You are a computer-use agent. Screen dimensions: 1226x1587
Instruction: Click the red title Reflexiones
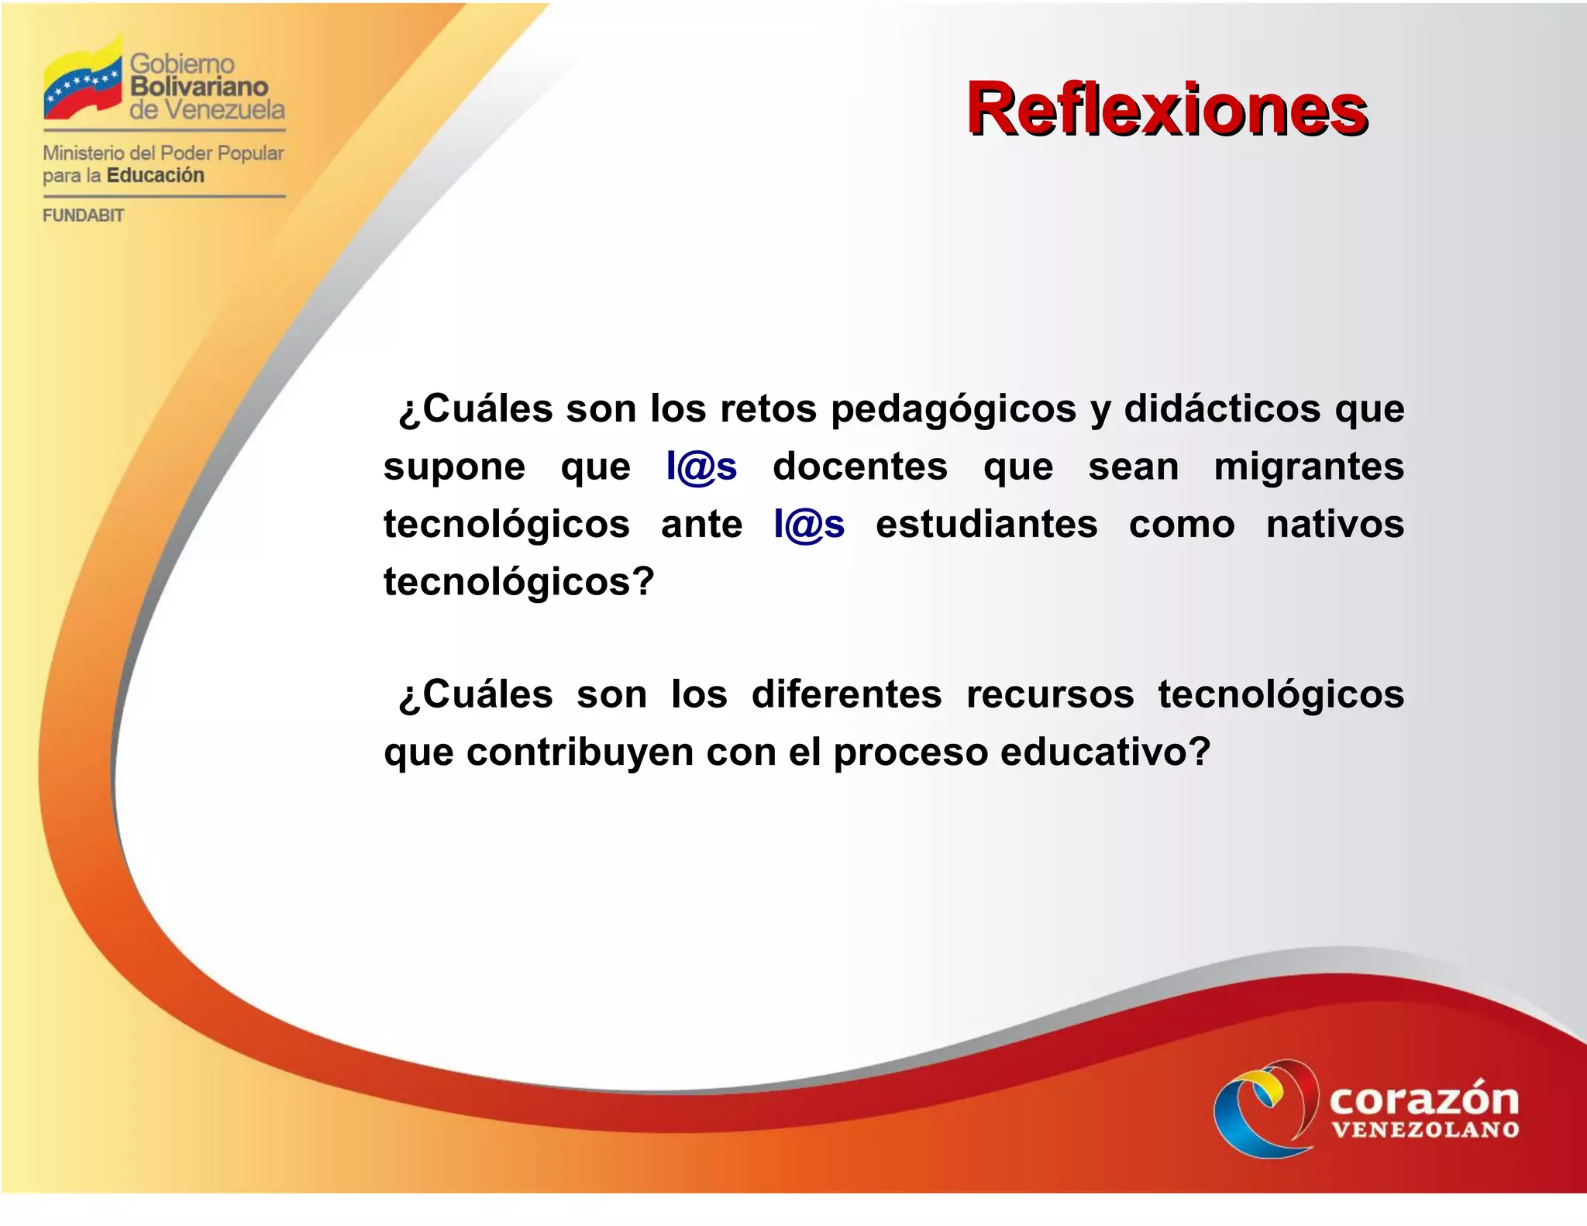(x=1166, y=109)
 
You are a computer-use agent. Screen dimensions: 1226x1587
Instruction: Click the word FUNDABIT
(x=83, y=215)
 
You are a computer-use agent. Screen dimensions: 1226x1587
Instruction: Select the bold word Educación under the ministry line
(x=155, y=175)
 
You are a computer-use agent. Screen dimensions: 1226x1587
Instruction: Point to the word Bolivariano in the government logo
(x=198, y=86)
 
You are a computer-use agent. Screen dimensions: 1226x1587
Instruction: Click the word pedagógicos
(x=953, y=409)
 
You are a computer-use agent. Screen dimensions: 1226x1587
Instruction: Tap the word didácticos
(x=1222, y=409)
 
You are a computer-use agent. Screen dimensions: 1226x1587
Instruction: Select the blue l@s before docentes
(x=701, y=467)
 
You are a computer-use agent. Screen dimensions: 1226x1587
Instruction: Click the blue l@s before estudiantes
(x=808, y=525)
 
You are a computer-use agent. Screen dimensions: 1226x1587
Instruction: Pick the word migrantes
(x=1308, y=467)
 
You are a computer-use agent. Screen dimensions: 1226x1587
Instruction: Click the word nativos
(x=1334, y=525)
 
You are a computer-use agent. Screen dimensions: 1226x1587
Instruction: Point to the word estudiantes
(x=986, y=525)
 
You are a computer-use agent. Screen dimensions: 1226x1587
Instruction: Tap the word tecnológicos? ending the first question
(x=518, y=582)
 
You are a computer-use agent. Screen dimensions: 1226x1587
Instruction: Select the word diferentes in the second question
(x=846, y=694)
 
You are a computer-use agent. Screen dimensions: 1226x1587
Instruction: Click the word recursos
(x=1050, y=694)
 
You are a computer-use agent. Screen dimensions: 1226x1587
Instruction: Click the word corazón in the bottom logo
(x=1423, y=1099)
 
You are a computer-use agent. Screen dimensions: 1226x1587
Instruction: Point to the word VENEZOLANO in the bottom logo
(x=1425, y=1130)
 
